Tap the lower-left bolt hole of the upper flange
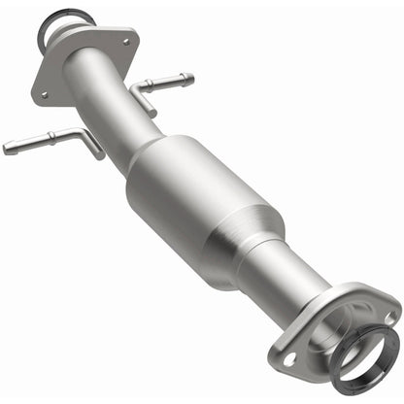44,93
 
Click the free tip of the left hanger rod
8,149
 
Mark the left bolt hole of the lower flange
290,360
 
